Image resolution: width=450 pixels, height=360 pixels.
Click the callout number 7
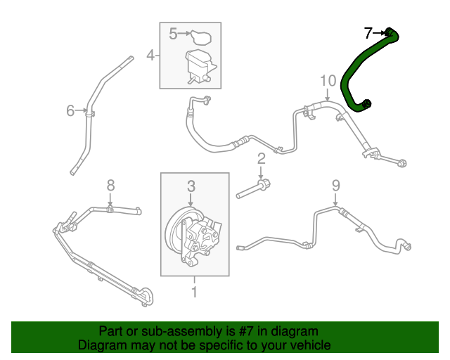368,32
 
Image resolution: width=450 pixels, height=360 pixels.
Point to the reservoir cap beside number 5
202,36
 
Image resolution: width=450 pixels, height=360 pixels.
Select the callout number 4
150,55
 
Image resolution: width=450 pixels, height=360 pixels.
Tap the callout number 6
70,110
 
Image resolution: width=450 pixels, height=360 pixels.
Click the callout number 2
260,158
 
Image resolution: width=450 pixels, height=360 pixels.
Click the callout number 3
191,186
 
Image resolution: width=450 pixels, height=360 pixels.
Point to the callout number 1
195,288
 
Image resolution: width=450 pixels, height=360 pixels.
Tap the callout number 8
110,186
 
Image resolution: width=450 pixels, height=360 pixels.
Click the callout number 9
335,186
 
